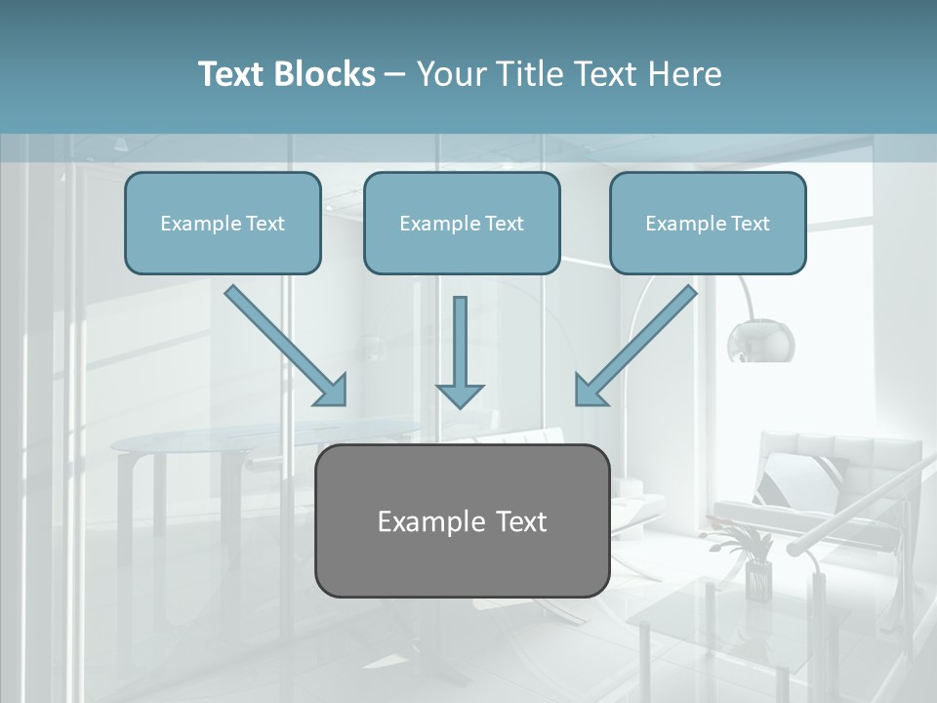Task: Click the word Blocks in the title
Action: click(x=326, y=74)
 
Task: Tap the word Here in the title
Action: click(x=683, y=74)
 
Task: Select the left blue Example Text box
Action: click(x=223, y=223)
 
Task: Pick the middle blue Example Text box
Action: click(x=462, y=223)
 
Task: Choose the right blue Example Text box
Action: click(x=708, y=223)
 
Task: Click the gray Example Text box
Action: click(x=462, y=520)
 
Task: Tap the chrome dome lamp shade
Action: click(x=760, y=341)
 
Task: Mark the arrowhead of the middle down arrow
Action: click(x=460, y=394)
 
